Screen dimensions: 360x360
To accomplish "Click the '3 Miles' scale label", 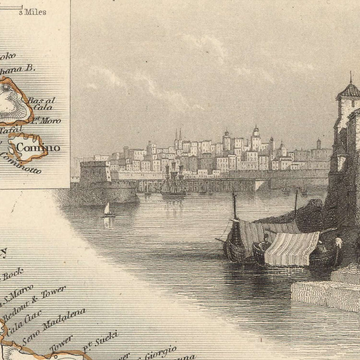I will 32,12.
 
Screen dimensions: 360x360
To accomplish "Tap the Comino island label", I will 38,148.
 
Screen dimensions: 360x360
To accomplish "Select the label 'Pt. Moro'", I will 47,120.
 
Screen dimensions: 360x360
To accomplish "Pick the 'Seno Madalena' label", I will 54,326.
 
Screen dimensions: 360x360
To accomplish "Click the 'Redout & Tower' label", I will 34,303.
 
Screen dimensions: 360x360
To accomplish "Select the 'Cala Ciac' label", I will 24,323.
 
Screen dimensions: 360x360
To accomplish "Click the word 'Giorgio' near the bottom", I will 160,352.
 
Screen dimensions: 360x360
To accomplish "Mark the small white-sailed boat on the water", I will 107,210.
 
